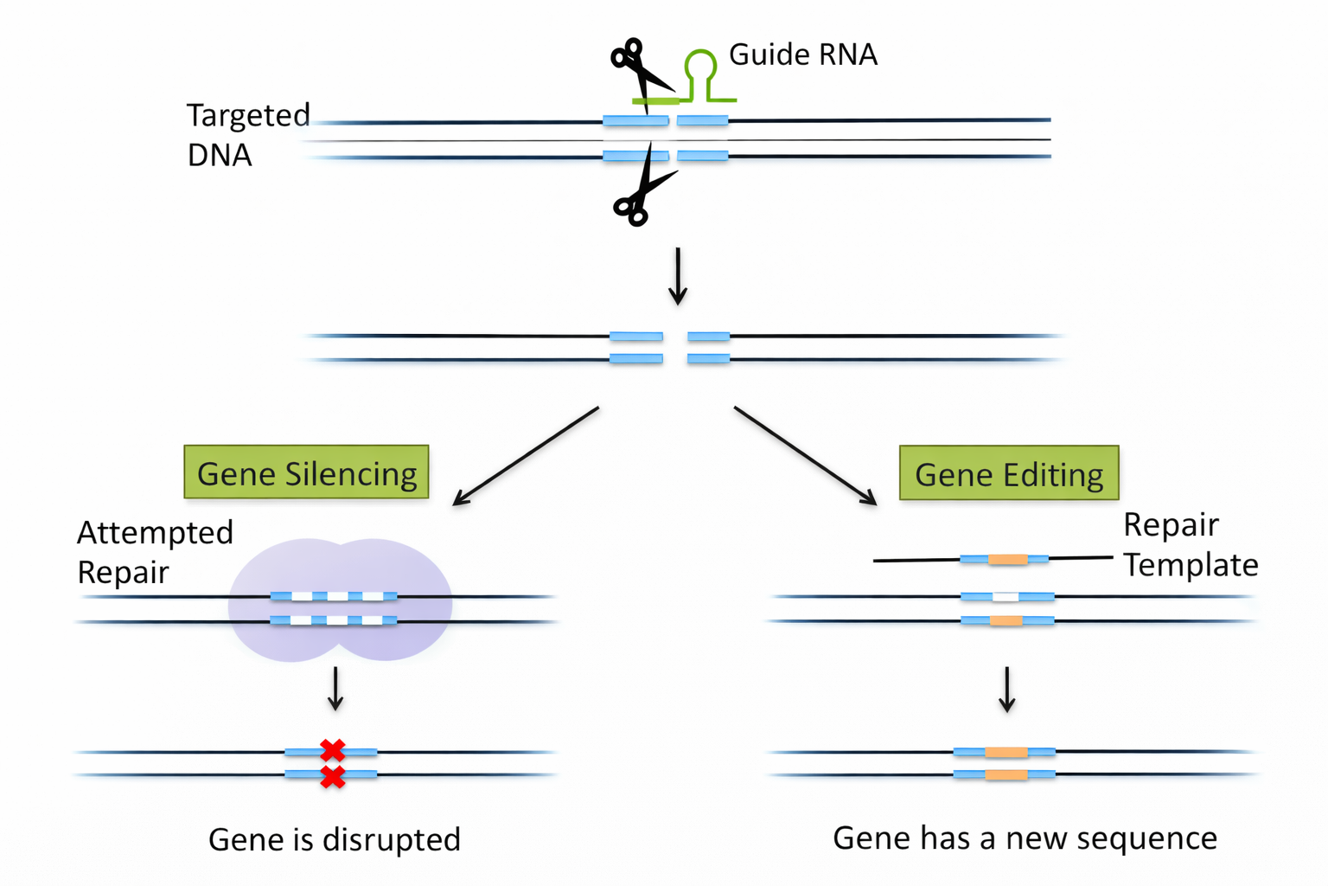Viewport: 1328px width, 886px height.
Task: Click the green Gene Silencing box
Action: point(306,472)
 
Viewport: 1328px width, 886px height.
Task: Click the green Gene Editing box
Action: point(1009,473)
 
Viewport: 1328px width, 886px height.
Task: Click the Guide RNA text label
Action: point(802,55)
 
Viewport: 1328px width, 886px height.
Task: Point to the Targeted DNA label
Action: point(247,134)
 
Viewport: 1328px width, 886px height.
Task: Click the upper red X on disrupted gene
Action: point(333,750)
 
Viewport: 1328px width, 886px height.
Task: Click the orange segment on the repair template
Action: point(1007,560)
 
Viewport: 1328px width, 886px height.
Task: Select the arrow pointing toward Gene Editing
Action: point(806,456)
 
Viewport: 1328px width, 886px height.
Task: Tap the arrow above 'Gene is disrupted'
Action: point(335,689)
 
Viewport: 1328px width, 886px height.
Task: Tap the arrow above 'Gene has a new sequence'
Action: point(1006,690)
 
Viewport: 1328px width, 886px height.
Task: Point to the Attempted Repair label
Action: point(154,552)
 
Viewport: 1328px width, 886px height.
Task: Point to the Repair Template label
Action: point(1190,544)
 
